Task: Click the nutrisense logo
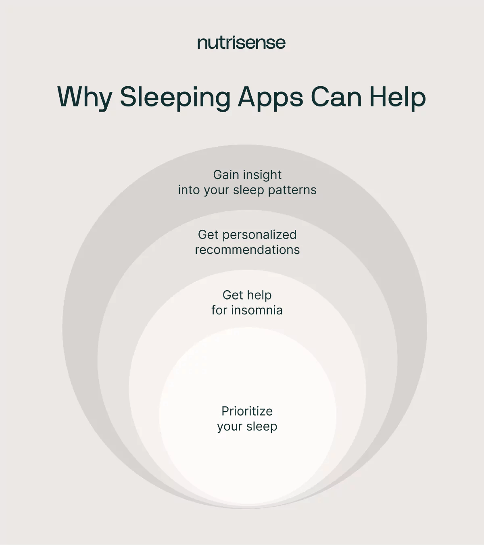tap(241, 43)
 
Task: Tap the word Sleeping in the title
tap(175, 98)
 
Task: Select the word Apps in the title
tap(270, 98)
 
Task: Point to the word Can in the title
tap(336, 98)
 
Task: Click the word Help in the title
tap(398, 98)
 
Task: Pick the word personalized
tap(259, 235)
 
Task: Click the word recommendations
tap(247, 250)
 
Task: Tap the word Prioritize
tap(247, 411)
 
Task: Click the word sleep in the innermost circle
tap(262, 426)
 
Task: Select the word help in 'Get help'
tap(259, 295)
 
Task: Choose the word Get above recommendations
tap(208, 235)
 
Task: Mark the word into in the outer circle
tap(189, 190)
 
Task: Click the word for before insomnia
tap(219, 310)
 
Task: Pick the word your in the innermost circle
tap(230, 427)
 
